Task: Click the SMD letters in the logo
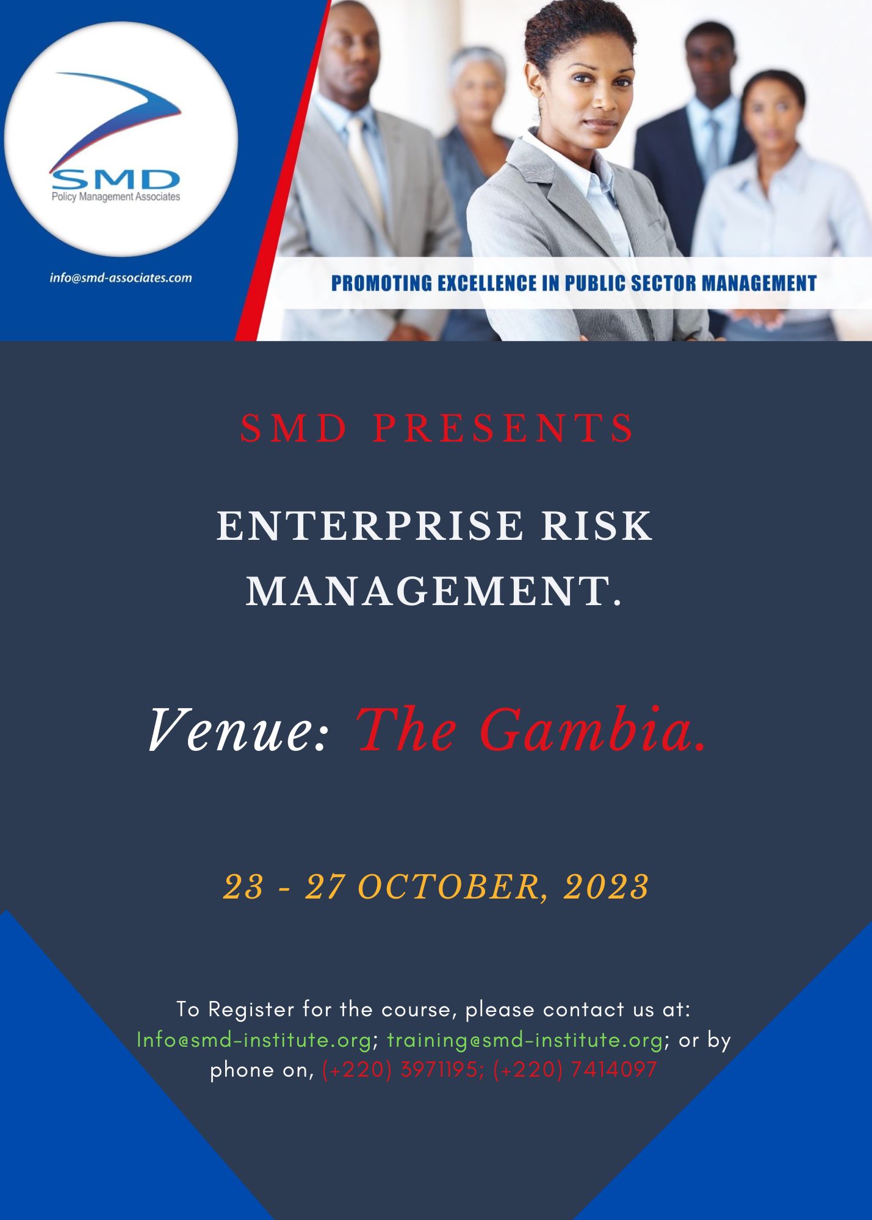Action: [115, 179]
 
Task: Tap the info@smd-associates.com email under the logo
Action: [121, 278]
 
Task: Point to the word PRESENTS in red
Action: [504, 428]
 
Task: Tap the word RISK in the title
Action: [597, 526]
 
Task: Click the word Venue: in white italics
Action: [239, 731]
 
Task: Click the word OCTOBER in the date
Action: [449, 887]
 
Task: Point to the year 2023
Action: [607, 887]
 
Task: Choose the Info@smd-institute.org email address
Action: [254, 1040]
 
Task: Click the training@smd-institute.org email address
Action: [525, 1040]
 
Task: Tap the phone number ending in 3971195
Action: [400, 1070]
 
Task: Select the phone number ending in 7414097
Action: [575, 1070]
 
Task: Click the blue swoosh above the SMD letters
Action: [116, 116]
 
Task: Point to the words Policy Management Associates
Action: [116, 197]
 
